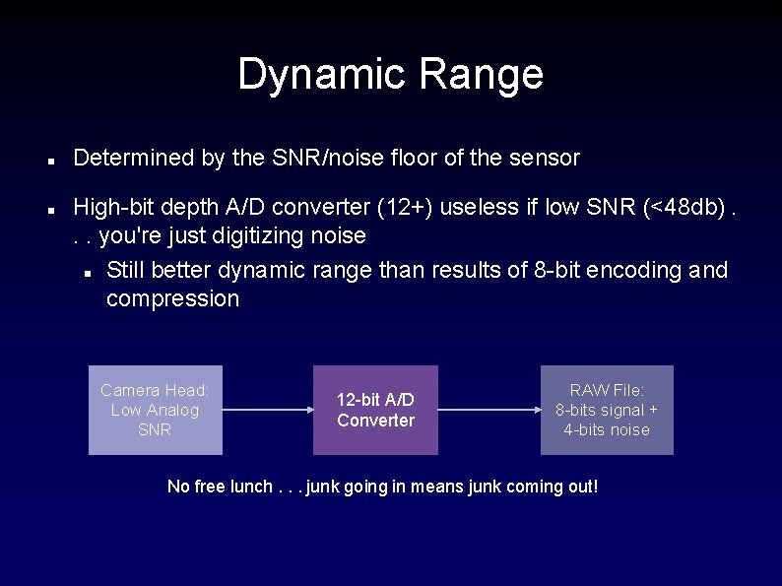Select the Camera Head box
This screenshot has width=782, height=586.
(x=156, y=410)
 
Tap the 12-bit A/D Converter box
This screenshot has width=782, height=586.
(x=375, y=410)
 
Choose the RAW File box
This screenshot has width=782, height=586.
(x=607, y=410)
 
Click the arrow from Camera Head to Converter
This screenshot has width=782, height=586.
(x=267, y=410)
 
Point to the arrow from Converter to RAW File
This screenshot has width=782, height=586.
(x=489, y=410)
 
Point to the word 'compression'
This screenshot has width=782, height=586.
(x=172, y=299)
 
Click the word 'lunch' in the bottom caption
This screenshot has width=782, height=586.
(x=248, y=487)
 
